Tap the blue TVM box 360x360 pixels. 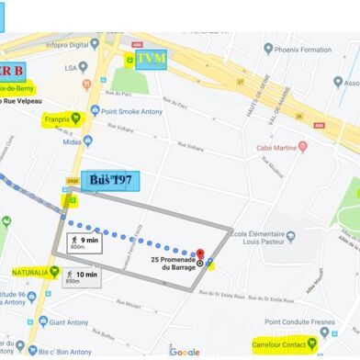[x=151, y=60]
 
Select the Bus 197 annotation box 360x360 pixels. [x=110, y=180]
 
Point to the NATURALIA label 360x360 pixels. [x=30, y=273]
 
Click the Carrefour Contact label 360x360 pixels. [x=279, y=344]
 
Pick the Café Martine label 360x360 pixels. [x=276, y=148]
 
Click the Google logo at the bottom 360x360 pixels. [x=185, y=352]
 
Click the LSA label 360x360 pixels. [x=70, y=67]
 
